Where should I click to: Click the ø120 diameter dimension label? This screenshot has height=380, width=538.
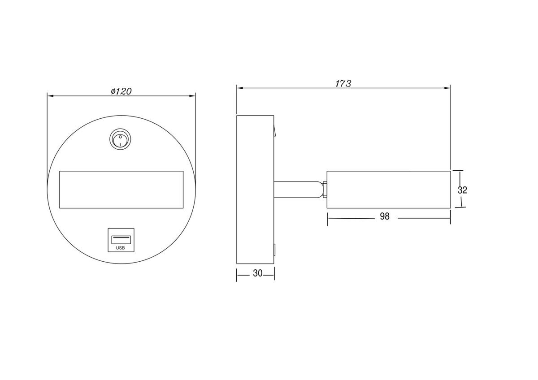(x=121, y=91)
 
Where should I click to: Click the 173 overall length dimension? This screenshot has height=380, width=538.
(x=343, y=83)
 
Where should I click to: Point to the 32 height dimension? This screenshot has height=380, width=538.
(x=462, y=190)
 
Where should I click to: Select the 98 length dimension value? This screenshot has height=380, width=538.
(x=385, y=216)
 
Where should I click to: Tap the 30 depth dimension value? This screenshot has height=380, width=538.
(x=257, y=273)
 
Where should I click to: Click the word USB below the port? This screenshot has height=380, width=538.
(x=120, y=248)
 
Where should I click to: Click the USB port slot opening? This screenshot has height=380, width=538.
(x=121, y=240)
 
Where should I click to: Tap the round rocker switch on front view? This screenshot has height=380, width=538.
(x=120, y=140)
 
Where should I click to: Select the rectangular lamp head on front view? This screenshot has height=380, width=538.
(x=121, y=190)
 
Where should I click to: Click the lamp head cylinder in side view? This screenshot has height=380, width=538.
(x=389, y=190)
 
